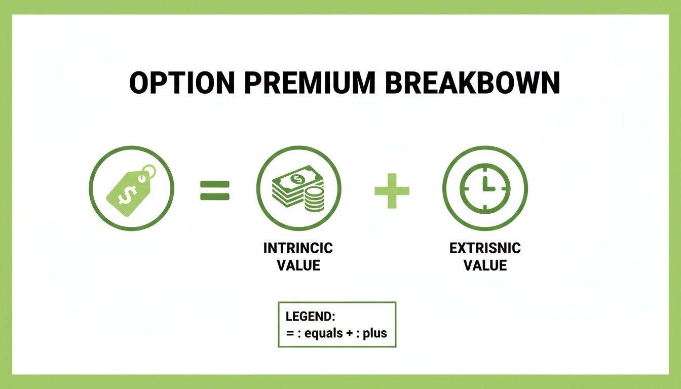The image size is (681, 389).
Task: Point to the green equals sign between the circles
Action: point(215,190)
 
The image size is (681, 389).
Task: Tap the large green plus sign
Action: point(392,190)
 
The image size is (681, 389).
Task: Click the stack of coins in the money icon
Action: point(315,199)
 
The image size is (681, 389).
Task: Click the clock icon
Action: point(485,188)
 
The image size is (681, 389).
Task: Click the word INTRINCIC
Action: point(298,248)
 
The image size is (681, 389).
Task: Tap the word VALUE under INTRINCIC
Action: point(298,265)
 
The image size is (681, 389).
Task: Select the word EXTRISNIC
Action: point(485,248)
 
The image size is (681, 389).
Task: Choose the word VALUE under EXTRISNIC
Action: point(485,265)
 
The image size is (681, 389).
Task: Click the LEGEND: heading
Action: point(311,317)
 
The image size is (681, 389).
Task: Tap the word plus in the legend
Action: point(375,333)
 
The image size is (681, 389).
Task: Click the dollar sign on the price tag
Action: point(126,193)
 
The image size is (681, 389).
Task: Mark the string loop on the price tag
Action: point(147,172)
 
